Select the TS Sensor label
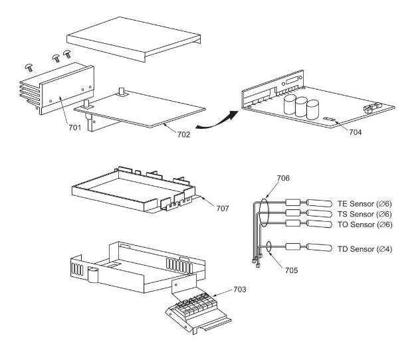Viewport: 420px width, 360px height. pos(366,214)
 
